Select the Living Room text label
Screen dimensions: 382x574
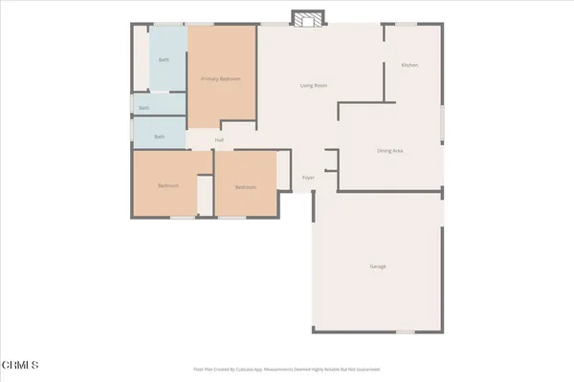click(314, 86)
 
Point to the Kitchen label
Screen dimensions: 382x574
click(409, 65)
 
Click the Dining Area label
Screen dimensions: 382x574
click(389, 151)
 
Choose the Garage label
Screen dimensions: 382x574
click(378, 265)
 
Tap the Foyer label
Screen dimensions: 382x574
click(309, 178)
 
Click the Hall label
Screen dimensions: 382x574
click(219, 140)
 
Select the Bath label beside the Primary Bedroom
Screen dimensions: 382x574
click(164, 60)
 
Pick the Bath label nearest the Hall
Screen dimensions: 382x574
click(160, 137)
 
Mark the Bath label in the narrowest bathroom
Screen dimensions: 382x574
click(144, 108)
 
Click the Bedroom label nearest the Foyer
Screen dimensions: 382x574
click(246, 187)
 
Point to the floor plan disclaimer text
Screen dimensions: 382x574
click(287, 368)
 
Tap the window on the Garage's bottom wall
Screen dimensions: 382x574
click(408, 330)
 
